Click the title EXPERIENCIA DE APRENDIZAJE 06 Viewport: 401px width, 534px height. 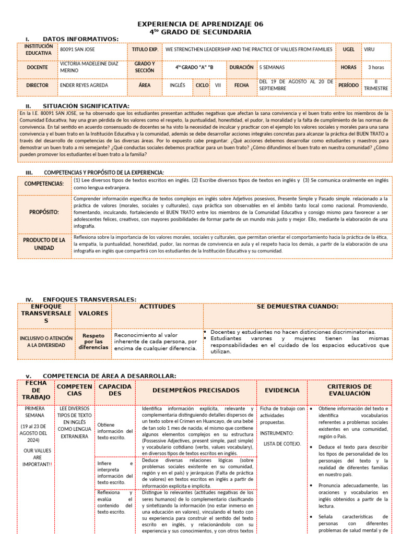[x=200, y=24]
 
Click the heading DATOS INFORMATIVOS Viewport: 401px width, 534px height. [x=80, y=39]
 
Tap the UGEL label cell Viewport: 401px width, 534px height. [x=348, y=50]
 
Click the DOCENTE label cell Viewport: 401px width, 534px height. [x=38, y=67]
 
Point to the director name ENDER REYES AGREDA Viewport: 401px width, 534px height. [x=84, y=85]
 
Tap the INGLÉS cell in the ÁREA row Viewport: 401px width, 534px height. [x=177, y=85]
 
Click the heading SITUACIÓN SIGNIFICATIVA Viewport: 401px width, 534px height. [x=86, y=106]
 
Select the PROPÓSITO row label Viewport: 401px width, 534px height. [x=44, y=212]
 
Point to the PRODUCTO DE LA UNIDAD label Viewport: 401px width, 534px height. [x=44, y=244]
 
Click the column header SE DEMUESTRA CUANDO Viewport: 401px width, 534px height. [x=298, y=307]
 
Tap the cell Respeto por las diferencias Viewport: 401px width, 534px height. [x=93, y=341]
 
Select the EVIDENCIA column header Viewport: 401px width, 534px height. [x=282, y=390]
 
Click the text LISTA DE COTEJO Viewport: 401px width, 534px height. [x=282, y=444]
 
